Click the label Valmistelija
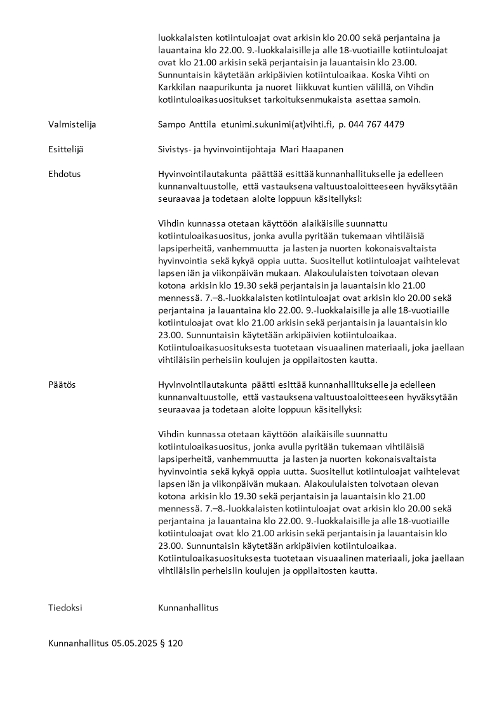pyautogui.click(x=72, y=124)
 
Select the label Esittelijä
pyautogui.click(x=66, y=149)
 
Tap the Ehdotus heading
pyautogui.click(x=65, y=174)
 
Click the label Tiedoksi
pyautogui.click(x=65, y=607)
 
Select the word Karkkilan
pyautogui.click(x=178, y=88)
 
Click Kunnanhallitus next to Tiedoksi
pyautogui.click(x=188, y=607)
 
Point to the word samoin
pyautogui.click(x=406, y=100)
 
